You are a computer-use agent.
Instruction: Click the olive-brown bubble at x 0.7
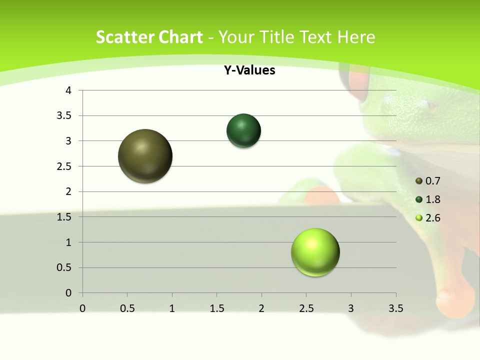tap(145, 156)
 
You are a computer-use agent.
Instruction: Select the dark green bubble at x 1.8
tap(243, 131)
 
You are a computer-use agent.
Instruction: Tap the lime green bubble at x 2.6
tap(315, 252)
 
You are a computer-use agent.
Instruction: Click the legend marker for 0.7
tap(419, 181)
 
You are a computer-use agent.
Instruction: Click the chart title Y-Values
tap(249, 70)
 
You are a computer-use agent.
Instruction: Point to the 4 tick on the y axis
tap(69, 90)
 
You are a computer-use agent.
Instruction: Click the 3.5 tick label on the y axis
tap(65, 116)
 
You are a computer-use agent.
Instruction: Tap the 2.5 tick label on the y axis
tap(65, 166)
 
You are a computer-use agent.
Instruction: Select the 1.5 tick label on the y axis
tap(65, 217)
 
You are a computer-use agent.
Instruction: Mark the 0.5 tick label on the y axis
tap(65, 267)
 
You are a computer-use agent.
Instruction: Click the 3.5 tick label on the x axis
tap(395, 308)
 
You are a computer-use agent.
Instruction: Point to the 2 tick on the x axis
tap(261, 308)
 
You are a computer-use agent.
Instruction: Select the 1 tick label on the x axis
tap(172, 308)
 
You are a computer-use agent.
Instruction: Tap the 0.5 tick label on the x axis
tap(127, 308)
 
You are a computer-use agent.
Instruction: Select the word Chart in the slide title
tap(180, 37)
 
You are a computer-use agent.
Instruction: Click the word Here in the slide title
tap(356, 37)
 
